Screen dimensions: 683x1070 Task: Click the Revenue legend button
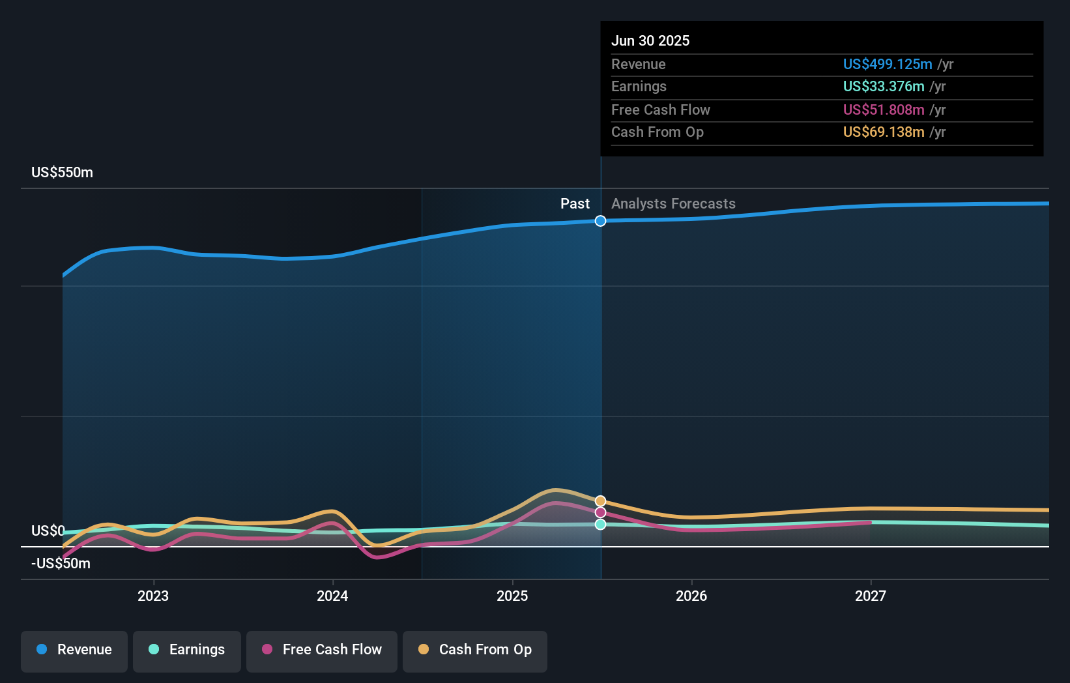coord(74,650)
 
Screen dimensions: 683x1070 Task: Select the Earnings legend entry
coord(187,650)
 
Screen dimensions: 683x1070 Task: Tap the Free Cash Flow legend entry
coord(322,650)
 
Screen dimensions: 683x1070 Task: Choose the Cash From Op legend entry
coord(475,650)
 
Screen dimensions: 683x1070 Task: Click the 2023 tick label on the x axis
coord(153,596)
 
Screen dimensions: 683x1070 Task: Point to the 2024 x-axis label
coord(332,596)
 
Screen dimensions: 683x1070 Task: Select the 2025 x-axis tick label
coord(512,596)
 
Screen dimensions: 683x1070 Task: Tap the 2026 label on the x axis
coord(691,596)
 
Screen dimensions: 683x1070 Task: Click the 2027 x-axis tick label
coord(871,596)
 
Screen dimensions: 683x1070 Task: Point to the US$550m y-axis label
coord(63,173)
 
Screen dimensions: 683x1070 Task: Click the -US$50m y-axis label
coord(61,563)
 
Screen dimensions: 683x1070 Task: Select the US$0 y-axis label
coord(48,530)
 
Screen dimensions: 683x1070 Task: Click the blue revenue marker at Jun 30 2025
coord(600,221)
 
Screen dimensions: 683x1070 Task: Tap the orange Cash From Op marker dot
coord(600,501)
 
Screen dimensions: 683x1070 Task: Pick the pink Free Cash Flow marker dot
coord(600,512)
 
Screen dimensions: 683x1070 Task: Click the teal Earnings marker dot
coord(600,524)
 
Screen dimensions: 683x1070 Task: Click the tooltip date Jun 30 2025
coord(650,40)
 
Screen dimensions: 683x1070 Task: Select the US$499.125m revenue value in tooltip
coord(888,64)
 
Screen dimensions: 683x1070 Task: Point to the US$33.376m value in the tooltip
coord(884,87)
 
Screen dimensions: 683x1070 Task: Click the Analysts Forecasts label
coord(673,204)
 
